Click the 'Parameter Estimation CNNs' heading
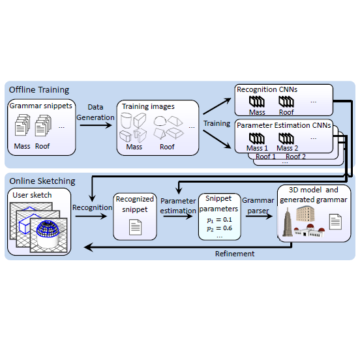284,125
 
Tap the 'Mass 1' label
257,148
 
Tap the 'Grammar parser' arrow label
258,206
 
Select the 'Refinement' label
235,253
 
